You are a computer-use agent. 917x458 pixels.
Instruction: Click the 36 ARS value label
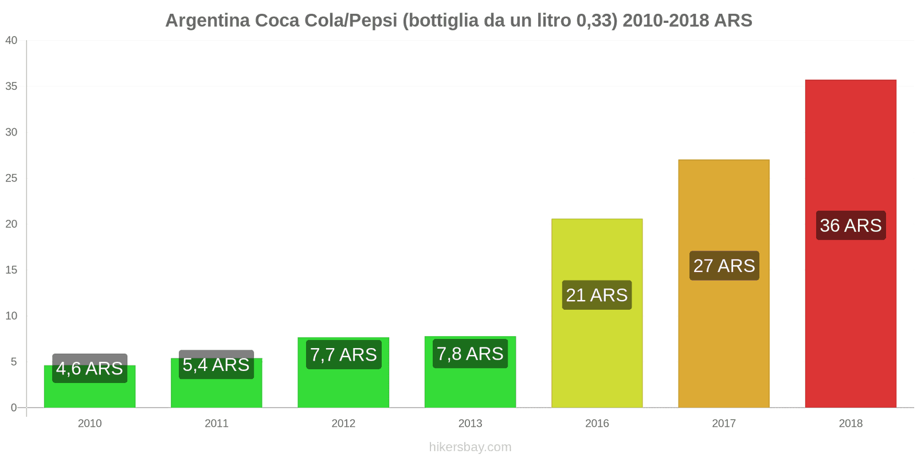coord(851,226)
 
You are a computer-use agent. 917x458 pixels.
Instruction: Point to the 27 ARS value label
coord(724,266)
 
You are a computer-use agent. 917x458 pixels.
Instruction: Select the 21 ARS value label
coord(597,295)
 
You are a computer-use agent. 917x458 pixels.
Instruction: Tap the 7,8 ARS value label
coord(470,354)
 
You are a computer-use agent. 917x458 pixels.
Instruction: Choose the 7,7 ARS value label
coord(343,355)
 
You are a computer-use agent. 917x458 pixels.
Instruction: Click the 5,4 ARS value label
coord(216,365)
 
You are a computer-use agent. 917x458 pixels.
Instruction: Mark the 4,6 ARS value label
coord(90,368)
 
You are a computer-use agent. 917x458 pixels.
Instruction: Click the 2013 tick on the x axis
coord(470,424)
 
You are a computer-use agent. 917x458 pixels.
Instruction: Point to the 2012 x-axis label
coord(343,424)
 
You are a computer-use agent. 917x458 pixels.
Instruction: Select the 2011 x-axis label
coord(216,424)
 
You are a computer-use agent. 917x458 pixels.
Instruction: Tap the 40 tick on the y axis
coord(11,40)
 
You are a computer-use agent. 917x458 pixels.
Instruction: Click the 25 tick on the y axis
coord(11,178)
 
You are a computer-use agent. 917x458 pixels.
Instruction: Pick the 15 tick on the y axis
coord(11,270)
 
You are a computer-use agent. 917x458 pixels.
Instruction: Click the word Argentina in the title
coord(207,21)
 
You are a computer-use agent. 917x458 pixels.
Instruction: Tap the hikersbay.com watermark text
coord(470,447)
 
